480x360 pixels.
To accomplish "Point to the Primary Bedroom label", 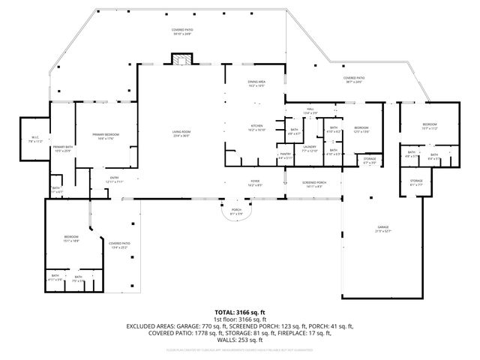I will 106,135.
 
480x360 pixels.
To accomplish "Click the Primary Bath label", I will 63,148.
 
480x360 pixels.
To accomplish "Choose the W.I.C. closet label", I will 35,138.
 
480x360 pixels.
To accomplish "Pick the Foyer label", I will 256,182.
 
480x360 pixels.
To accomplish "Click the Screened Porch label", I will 314,183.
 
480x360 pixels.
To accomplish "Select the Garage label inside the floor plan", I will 383,229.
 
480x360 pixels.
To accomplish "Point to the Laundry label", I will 310,148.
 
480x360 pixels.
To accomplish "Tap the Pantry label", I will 286,155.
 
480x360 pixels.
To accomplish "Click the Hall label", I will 310,111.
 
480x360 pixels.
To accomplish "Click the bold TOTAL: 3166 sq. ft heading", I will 240,312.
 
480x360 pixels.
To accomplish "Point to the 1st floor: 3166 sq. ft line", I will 240,319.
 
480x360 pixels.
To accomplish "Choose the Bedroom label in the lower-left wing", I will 71,239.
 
